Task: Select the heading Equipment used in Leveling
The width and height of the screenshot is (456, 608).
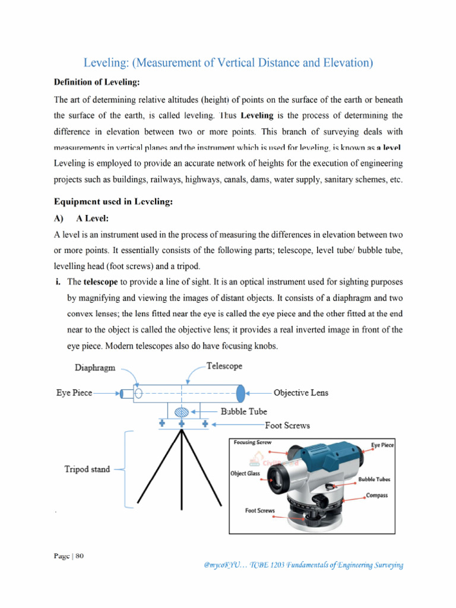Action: (x=113, y=202)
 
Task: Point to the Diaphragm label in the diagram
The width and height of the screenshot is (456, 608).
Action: (x=95, y=368)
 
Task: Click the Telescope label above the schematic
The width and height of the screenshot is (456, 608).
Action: (x=224, y=366)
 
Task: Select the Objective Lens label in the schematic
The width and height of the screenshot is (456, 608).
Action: (x=300, y=392)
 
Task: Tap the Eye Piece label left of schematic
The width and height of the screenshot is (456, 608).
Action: (x=74, y=393)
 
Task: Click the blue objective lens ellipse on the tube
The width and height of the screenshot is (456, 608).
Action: (x=240, y=392)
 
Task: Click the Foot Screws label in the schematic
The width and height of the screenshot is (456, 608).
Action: (x=287, y=425)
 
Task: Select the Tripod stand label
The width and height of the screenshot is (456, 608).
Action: (x=87, y=469)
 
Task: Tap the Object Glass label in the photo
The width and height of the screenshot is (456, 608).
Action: (x=245, y=474)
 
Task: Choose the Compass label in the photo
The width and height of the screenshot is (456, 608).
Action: (x=376, y=495)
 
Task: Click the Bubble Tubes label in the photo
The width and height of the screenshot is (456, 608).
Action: (x=374, y=479)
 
